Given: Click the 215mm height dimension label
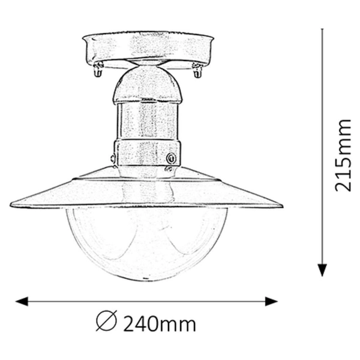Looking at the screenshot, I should (343, 155).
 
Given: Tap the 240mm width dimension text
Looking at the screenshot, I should (159, 325).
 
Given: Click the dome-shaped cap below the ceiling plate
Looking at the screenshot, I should (147, 84).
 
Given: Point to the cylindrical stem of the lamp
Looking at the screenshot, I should (147, 120).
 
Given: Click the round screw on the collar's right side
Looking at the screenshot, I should (172, 158).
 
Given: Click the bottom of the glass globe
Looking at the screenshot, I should (147, 277).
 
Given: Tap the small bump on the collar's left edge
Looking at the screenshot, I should (114, 158).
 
